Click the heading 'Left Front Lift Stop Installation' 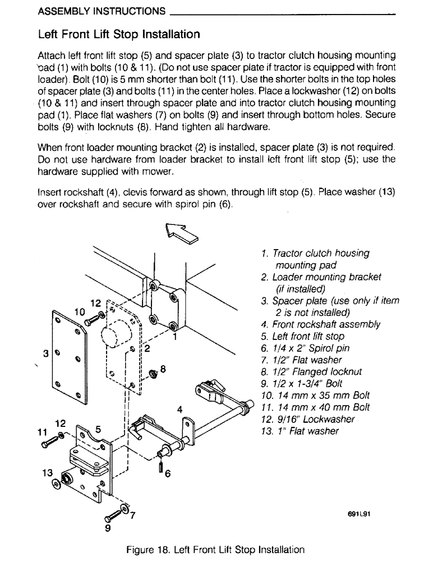pyautogui.click(x=118, y=34)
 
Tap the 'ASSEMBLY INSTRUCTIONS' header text pyautogui.click(x=102, y=11)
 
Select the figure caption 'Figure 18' pyautogui.click(x=216, y=549)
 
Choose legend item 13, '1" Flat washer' pyautogui.click(x=300, y=431)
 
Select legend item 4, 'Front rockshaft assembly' pyautogui.click(x=320, y=324)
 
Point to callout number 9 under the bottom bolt pyautogui.click(x=108, y=528)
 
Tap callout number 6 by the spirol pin pyautogui.click(x=167, y=473)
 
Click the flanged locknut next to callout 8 pyautogui.click(x=153, y=374)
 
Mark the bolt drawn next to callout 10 pyautogui.click(x=90, y=322)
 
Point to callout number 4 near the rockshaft pyautogui.click(x=179, y=409)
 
